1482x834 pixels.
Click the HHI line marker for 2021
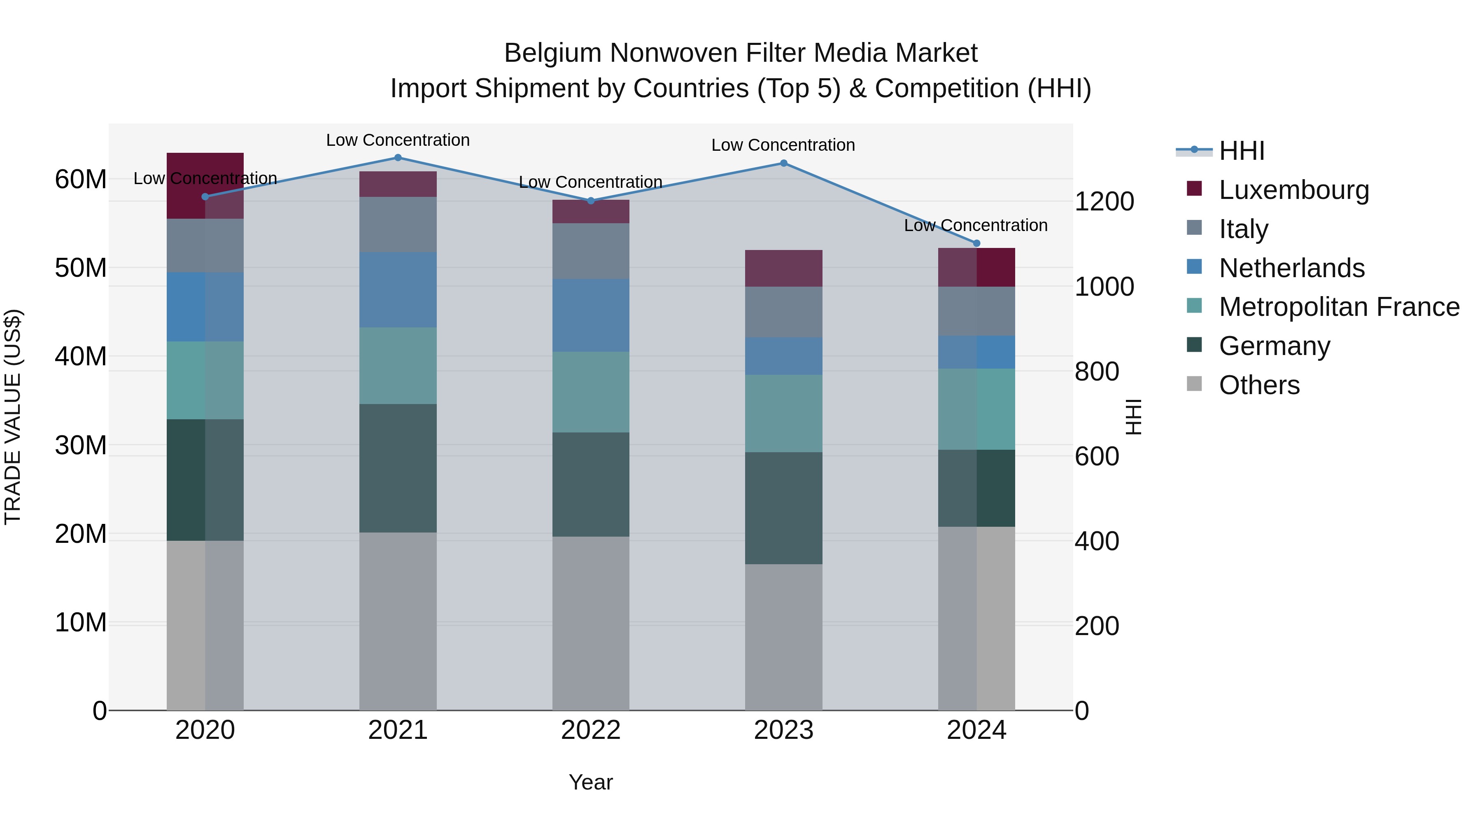click(x=398, y=158)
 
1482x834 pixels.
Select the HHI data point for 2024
click(x=976, y=243)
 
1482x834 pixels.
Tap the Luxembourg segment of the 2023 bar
click(x=783, y=268)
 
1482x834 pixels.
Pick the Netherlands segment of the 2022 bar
click(x=590, y=315)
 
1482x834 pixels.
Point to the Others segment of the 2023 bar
click(x=783, y=637)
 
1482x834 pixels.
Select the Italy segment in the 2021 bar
click(x=398, y=224)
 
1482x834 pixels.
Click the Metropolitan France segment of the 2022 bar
click(x=590, y=392)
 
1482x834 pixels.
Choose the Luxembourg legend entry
click(x=1293, y=190)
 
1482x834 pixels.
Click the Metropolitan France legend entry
click(x=1338, y=307)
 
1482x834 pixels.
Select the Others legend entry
click(x=1259, y=385)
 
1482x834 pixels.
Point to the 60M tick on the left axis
click(x=81, y=180)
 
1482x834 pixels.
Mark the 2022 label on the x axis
click(x=590, y=730)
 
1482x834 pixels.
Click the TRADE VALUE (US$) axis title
click(x=13, y=417)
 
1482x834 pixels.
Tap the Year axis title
click(x=590, y=782)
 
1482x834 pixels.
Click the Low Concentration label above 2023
click(x=783, y=145)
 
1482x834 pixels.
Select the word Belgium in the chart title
click(x=552, y=53)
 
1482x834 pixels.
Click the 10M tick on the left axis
click(x=81, y=623)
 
